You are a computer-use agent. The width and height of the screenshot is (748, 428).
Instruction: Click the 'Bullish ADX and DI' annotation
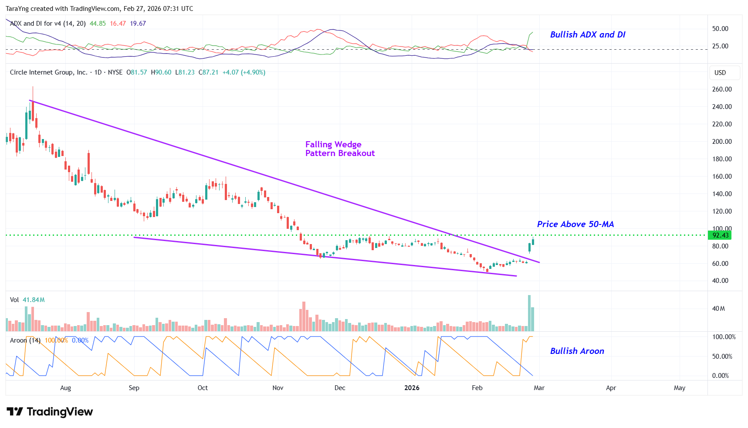click(x=587, y=34)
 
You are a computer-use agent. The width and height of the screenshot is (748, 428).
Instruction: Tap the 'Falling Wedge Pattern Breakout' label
click(x=339, y=149)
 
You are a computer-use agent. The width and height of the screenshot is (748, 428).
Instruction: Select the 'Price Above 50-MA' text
click(x=575, y=224)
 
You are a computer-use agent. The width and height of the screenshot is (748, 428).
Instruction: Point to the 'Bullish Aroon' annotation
click(x=577, y=351)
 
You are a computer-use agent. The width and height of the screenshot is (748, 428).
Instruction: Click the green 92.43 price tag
click(x=720, y=235)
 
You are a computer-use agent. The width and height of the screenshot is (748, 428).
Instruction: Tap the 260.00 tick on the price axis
click(x=721, y=89)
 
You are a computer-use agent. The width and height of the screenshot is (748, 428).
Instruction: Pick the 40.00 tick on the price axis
click(x=720, y=281)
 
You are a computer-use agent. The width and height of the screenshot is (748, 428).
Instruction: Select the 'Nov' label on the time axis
click(x=278, y=388)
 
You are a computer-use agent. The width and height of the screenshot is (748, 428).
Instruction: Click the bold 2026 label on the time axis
click(x=412, y=388)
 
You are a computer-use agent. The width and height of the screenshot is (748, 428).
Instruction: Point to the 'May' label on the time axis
click(x=679, y=388)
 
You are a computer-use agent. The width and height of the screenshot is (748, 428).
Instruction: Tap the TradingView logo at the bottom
click(x=50, y=412)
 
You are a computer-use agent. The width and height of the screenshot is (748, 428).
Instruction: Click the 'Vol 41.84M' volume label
click(x=27, y=300)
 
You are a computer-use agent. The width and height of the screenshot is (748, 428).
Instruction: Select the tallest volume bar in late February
click(x=529, y=313)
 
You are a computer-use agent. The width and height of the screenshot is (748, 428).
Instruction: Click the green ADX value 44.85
click(x=98, y=24)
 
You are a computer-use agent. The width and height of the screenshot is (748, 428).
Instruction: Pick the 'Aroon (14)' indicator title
click(x=25, y=340)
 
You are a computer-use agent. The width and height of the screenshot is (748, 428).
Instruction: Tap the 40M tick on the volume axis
click(x=718, y=309)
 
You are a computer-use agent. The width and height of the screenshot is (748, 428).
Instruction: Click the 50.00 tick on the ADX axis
click(x=720, y=29)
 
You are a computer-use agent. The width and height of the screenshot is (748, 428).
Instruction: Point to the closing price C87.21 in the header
click(x=208, y=72)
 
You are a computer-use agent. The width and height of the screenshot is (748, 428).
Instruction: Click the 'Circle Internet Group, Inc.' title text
click(x=48, y=72)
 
